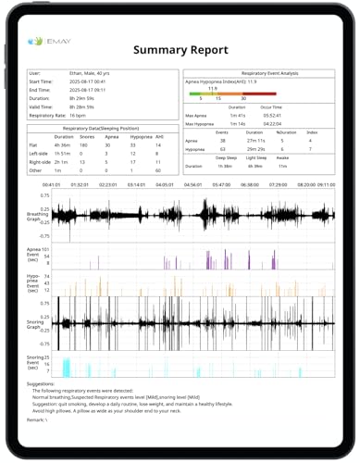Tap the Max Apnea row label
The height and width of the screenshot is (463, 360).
pos(196,114)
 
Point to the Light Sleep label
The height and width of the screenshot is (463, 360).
pos(258,158)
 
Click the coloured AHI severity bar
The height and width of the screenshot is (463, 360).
pos(231,94)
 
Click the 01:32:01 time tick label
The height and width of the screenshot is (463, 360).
pos(80,183)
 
